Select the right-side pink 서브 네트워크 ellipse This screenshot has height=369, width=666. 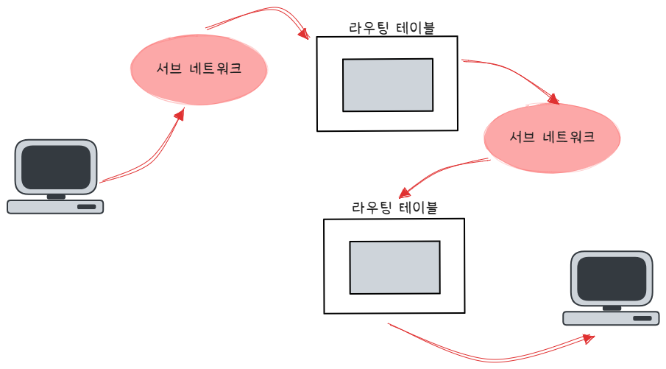point(552,138)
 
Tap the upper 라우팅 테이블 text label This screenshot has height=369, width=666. point(392,28)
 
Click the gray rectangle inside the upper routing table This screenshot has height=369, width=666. point(388,85)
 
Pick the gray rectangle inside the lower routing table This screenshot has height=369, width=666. point(394,267)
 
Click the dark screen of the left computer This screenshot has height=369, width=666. point(55,166)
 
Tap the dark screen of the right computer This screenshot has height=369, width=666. point(612,278)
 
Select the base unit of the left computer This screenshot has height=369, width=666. point(55,207)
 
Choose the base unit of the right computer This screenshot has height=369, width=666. point(611,318)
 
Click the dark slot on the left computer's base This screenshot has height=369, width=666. point(87,207)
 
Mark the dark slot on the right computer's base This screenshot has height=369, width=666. point(642,318)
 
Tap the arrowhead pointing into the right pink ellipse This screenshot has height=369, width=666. point(554,97)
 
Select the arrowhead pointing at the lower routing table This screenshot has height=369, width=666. point(405,193)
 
